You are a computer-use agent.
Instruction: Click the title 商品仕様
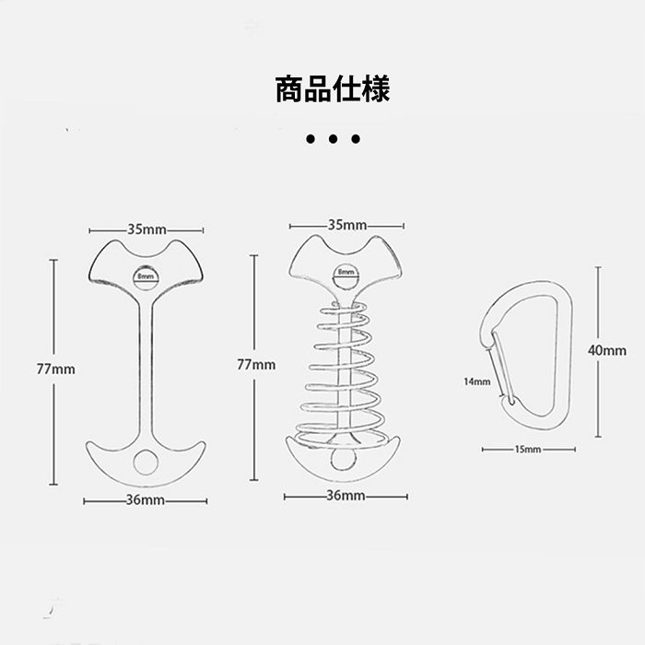click(x=332, y=89)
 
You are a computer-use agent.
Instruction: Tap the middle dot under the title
click(x=332, y=140)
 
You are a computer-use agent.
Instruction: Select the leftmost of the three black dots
click(x=310, y=140)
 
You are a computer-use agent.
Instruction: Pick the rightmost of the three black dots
click(x=355, y=140)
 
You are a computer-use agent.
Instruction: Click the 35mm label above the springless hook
click(x=147, y=229)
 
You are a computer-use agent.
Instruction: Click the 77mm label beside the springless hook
click(x=55, y=368)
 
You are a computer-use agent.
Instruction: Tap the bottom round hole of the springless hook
click(x=147, y=463)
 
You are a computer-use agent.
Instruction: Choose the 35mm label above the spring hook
click(x=346, y=225)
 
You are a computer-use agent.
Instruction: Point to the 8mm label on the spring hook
click(x=346, y=273)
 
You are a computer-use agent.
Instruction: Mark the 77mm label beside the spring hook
click(x=256, y=365)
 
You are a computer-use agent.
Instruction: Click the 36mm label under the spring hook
click(x=346, y=496)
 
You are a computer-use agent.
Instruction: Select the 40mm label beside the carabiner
click(x=607, y=350)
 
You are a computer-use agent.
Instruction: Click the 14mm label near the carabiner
click(x=476, y=380)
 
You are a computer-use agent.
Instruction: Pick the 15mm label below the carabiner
click(x=528, y=450)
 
